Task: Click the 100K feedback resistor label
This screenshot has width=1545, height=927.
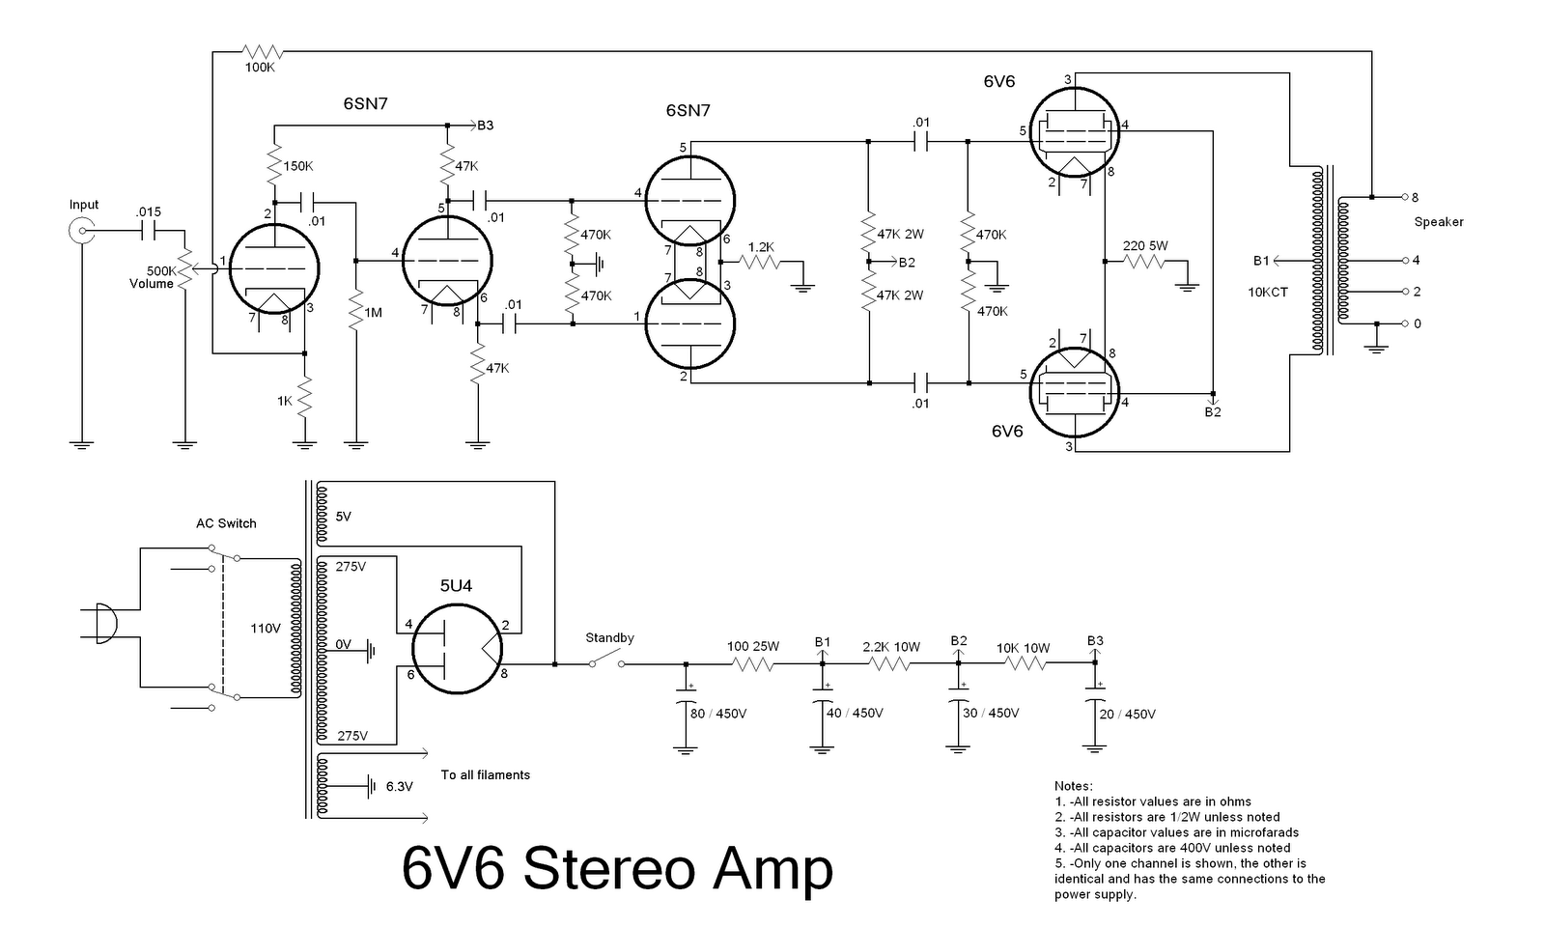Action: [260, 68]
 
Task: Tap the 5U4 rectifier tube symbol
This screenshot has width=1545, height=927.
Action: [458, 648]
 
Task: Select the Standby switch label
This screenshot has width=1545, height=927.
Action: [609, 638]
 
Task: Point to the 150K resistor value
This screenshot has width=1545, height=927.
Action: [298, 166]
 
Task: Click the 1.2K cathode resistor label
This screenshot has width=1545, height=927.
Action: [761, 247]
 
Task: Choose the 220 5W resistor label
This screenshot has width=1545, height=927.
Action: [1145, 246]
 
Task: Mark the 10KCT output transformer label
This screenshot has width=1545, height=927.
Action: [1268, 292]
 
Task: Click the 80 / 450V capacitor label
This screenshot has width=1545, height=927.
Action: [718, 714]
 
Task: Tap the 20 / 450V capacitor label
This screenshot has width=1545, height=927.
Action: [1128, 715]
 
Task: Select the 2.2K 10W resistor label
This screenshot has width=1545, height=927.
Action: [891, 647]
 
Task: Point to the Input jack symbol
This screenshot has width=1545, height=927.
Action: [82, 230]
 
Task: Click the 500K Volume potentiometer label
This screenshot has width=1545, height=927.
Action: [154, 278]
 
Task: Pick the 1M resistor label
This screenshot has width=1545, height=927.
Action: [373, 313]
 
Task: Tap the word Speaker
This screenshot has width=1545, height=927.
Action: [1439, 222]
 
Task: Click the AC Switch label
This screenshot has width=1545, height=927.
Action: [226, 523]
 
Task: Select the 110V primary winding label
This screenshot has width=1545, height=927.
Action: [266, 629]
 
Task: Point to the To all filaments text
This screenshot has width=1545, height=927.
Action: [486, 774]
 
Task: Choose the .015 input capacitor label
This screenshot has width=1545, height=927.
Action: [149, 211]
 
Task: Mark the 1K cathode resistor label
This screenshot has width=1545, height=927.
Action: [284, 401]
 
